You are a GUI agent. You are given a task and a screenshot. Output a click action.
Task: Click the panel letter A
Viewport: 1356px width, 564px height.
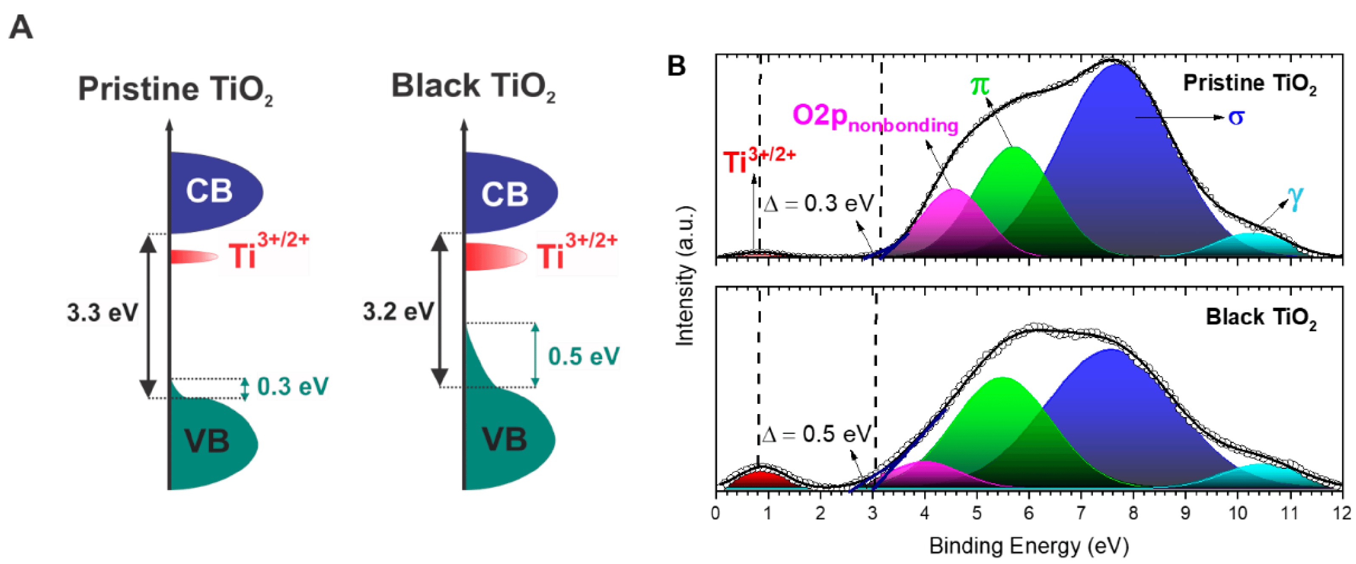21,27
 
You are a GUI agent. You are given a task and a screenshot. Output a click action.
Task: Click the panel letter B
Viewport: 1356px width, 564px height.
676,66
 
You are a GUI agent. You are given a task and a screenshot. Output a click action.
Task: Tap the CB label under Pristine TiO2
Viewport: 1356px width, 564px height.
209,191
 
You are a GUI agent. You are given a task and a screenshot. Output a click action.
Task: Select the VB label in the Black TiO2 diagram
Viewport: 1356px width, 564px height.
504,439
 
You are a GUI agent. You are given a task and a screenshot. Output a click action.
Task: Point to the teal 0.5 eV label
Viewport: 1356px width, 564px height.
583,356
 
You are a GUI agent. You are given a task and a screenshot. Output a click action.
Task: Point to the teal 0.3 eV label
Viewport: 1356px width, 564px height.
293,386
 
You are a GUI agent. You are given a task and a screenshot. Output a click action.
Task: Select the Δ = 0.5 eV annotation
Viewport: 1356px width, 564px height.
816,434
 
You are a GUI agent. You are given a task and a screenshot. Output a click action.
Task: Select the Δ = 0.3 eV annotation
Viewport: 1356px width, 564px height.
819,204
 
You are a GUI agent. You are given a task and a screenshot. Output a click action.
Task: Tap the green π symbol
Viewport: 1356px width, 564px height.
979,85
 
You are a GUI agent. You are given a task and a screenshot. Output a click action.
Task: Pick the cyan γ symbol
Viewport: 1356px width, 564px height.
1295,197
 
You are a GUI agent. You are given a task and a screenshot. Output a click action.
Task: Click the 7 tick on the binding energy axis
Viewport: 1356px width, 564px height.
1081,512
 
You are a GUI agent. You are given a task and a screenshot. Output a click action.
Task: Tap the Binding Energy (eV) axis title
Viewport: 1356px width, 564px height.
1029,546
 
